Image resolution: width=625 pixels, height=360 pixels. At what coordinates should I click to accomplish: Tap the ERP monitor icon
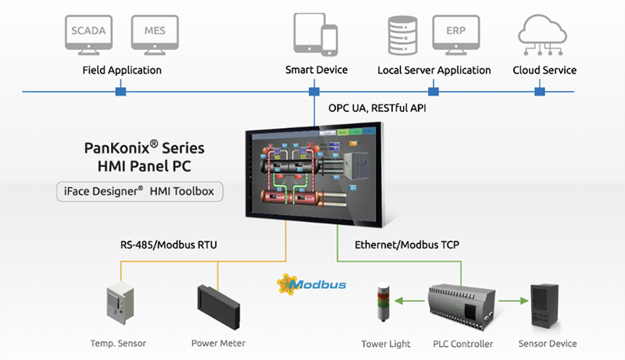click(456, 35)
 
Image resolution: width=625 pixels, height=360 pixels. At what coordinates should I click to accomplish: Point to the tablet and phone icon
click(315, 34)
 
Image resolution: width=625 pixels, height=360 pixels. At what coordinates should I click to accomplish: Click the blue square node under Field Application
click(120, 92)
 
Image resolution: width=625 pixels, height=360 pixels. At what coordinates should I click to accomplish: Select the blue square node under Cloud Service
click(538, 92)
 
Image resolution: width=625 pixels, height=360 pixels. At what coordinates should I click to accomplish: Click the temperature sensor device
click(121, 307)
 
